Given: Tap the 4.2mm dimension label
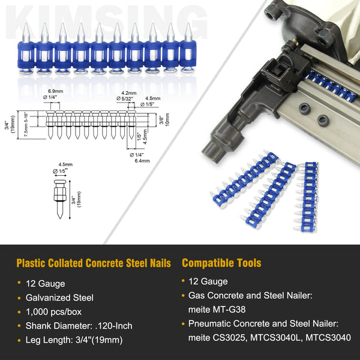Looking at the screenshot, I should tap(127, 93).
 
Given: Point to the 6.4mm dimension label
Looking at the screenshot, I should tap(142, 161).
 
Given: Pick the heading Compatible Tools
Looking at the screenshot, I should tap(221, 263).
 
